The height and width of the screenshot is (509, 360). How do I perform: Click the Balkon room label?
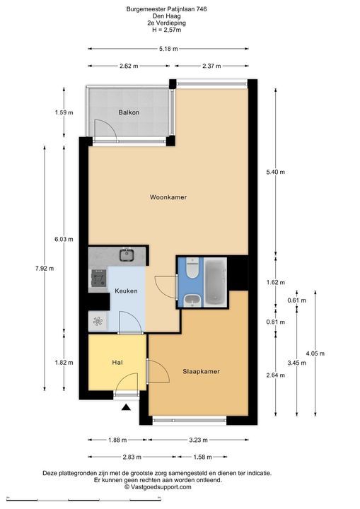coord(129,112)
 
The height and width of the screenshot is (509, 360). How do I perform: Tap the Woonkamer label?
coord(168,197)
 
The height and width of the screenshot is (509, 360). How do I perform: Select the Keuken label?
coord(126,291)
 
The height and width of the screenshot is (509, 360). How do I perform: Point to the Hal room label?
coord(117,362)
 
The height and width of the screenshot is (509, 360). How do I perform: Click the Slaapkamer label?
coord(201,371)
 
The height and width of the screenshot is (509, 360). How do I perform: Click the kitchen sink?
coord(127,255)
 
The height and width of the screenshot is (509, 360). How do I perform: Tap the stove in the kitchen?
coord(99,279)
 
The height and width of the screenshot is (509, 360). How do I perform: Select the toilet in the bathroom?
coord(192,267)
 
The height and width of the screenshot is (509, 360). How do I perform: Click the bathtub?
coord(216,281)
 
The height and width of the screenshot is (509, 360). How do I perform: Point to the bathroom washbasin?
coord(192,300)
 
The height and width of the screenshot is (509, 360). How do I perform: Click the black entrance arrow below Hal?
coord(126,407)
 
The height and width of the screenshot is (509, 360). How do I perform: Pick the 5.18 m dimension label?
coord(168,49)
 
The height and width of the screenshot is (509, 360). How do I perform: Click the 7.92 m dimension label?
coord(45,268)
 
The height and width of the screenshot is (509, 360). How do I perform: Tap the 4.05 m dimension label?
coord(315,353)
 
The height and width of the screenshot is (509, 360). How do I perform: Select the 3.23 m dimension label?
coord(198,440)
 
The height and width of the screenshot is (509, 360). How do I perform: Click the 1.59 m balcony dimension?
coord(64,112)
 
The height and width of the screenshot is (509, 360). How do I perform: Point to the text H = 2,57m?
coord(166,30)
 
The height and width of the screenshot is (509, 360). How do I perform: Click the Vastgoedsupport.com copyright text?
coord(158,487)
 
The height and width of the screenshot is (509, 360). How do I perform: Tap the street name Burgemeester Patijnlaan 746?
coord(166,9)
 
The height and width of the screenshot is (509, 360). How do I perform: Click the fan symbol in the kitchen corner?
coord(98,321)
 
